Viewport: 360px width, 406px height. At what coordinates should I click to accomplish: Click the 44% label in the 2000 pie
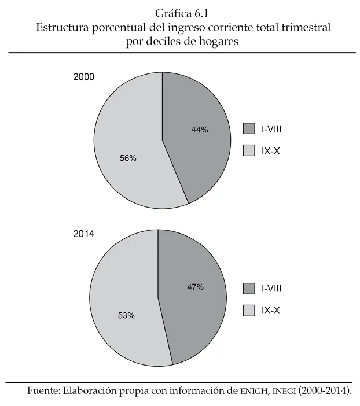tap(199, 130)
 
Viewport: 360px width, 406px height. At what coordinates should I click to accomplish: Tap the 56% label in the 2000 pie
tap(127, 158)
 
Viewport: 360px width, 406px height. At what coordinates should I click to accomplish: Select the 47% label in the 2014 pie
tap(195, 287)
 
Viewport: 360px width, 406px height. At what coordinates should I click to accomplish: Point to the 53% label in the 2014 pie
tap(126, 316)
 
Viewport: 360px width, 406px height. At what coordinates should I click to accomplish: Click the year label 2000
tap(84, 77)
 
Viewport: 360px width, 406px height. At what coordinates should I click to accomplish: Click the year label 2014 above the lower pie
tap(84, 235)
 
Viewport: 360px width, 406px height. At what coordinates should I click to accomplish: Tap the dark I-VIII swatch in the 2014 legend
tap(249, 288)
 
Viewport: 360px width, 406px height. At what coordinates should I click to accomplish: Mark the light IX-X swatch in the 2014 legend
tap(249, 311)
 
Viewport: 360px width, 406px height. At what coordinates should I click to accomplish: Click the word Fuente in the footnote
tap(42, 391)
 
